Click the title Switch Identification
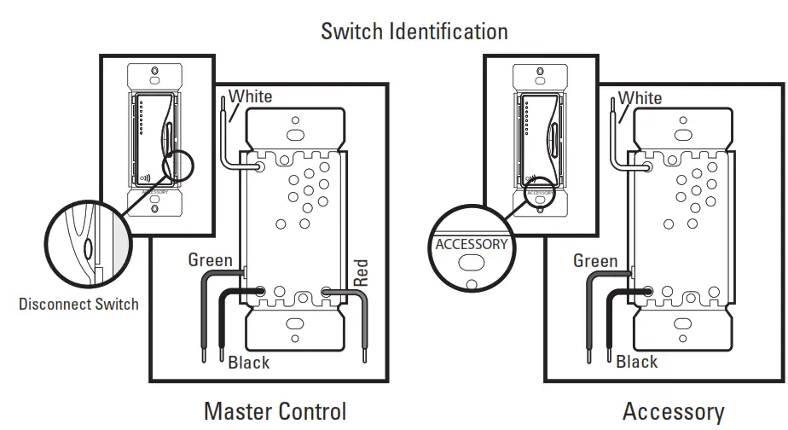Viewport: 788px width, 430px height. point(414,32)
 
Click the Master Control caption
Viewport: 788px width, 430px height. point(275,411)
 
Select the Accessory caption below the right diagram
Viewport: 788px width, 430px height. point(673,411)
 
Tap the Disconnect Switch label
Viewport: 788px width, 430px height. point(78,304)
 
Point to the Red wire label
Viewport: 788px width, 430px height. point(360,272)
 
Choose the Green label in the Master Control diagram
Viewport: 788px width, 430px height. point(211,259)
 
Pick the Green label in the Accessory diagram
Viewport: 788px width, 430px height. point(595,261)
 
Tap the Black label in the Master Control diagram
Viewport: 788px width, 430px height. point(249,363)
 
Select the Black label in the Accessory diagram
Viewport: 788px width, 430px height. point(637,362)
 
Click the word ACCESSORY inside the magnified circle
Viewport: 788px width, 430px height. point(471,244)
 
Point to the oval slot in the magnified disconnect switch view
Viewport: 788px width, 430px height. point(89,250)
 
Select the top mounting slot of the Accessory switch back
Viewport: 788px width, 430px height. point(681,134)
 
